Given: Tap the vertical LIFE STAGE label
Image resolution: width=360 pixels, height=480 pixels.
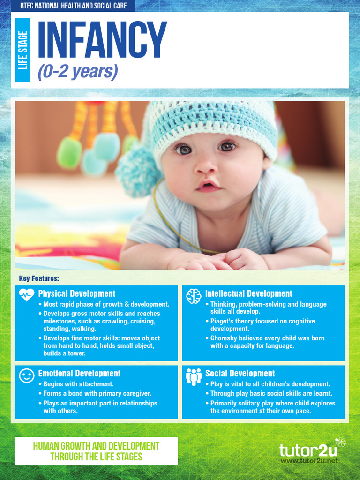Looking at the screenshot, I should [22, 50].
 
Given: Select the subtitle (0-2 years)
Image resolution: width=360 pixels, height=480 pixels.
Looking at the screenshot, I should [77, 72].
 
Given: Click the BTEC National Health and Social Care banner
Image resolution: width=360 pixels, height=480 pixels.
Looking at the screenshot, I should [74, 6].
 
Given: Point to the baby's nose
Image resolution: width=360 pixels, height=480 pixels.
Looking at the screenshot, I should [205, 165].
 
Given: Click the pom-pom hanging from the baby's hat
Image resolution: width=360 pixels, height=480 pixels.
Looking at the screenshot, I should [136, 171].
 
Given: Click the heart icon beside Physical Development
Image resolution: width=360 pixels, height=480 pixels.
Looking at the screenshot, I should [27, 295].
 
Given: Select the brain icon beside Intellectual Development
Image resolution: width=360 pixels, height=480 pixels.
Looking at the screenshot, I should [194, 296].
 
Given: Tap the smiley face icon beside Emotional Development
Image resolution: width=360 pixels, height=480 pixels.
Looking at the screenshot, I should [27, 375].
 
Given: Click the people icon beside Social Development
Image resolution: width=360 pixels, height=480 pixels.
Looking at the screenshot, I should [194, 376].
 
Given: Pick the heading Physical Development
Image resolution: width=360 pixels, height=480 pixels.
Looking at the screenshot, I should [76, 294].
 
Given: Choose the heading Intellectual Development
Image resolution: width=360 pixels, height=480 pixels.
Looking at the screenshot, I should [248, 294].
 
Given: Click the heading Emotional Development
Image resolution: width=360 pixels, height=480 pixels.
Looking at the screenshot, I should [79, 374].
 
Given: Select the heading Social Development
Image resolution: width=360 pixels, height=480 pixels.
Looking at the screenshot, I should [240, 374].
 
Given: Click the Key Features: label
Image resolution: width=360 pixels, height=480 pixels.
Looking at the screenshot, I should [39, 278].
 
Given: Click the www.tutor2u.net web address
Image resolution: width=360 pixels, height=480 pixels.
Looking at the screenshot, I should [309, 461].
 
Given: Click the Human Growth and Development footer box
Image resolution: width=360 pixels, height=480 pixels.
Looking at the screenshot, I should [96, 451].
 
